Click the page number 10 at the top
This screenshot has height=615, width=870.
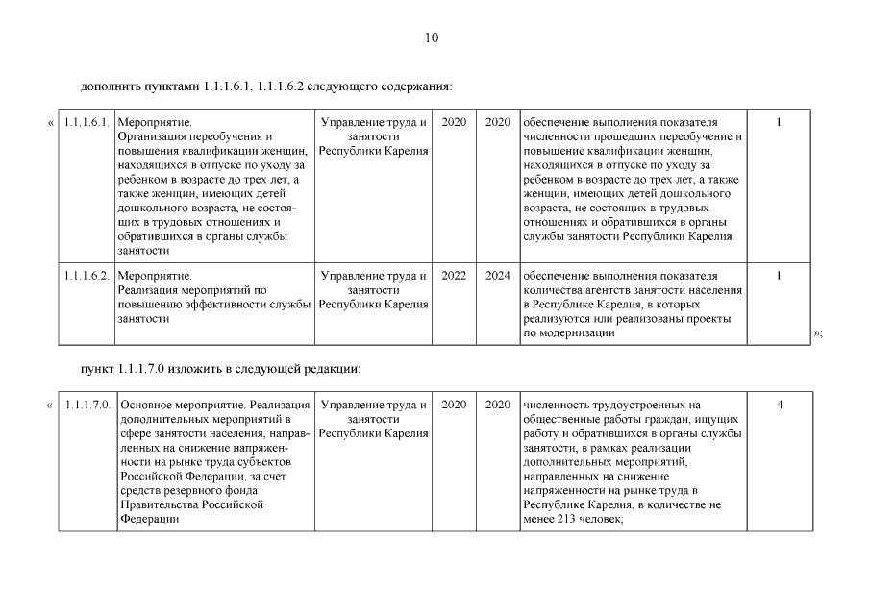[431, 38]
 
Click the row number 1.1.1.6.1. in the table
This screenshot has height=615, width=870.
[86, 123]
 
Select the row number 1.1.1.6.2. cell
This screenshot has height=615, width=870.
[86, 276]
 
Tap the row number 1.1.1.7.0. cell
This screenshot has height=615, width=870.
[86, 406]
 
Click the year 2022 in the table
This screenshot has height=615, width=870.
[454, 276]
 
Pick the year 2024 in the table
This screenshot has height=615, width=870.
[498, 276]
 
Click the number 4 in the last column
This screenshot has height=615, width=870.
[779, 406]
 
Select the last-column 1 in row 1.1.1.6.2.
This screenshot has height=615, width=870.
[779, 276]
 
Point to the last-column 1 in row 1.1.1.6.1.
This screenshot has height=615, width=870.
[779, 123]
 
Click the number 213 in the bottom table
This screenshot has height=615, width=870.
[566, 520]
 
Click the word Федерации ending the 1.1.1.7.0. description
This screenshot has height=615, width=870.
[148, 520]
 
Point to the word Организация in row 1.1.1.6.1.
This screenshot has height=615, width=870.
[148, 137]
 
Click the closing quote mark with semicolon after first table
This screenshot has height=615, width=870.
[818, 333]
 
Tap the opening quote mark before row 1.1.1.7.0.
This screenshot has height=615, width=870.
[50, 406]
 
